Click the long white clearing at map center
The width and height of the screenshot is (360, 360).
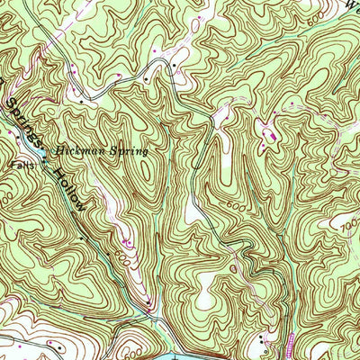[x=191, y=211]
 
